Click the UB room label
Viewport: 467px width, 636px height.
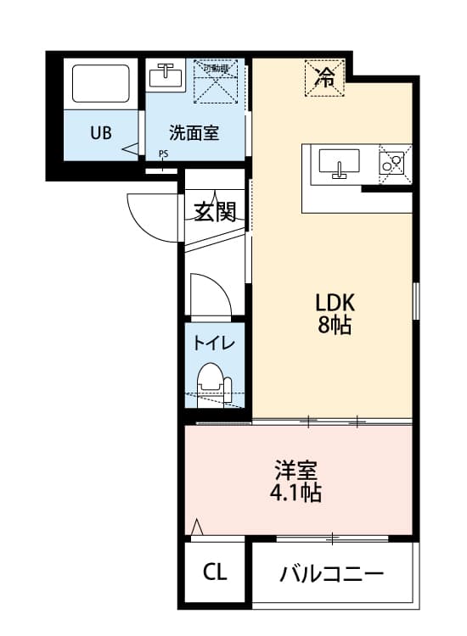click(x=101, y=133)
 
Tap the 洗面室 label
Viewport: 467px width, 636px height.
click(x=194, y=133)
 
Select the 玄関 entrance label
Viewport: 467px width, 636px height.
click(x=215, y=211)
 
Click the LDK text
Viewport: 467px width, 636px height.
click(x=335, y=303)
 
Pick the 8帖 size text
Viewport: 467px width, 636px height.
click(x=335, y=325)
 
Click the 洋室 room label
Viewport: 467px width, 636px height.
click(x=296, y=470)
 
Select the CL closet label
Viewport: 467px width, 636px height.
click(x=215, y=572)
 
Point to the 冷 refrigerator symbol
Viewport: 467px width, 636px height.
click(x=324, y=78)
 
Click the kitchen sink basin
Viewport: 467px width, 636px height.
click(x=340, y=161)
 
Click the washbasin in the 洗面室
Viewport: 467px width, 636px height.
click(x=166, y=77)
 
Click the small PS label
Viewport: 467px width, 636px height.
click(x=163, y=153)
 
